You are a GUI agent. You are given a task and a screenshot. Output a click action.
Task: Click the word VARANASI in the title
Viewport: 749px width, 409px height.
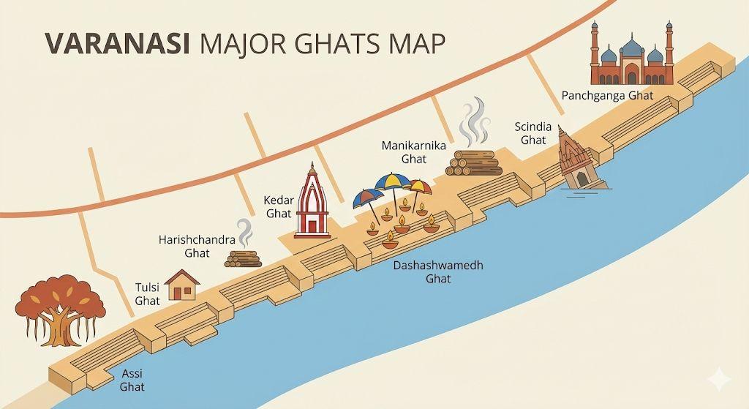pyautogui.click(x=117, y=43)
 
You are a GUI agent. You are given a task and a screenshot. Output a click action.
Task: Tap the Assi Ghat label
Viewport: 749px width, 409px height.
pyautogui.click(x=132, y=380)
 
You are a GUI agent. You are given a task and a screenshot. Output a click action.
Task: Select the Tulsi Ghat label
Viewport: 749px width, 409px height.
pyautogui.click(x=147, y=293)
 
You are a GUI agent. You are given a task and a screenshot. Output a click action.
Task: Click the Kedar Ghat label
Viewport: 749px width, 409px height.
pyautogui.click(x=278, y=206)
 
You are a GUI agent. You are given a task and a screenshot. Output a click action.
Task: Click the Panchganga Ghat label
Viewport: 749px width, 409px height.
pyautogui.click(x=607, y=95)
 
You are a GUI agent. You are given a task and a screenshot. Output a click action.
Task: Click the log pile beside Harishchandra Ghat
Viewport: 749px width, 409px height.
pyautogui.click(x=243, y=258)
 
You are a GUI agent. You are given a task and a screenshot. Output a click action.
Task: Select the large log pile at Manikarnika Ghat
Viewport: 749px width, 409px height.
pyautogui.click(x=475, y=163)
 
